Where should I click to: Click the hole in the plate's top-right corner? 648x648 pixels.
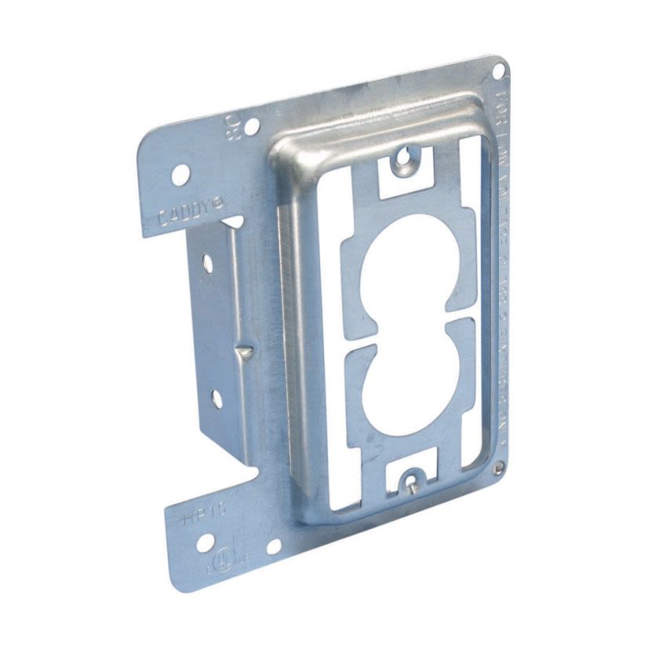[x=497, y=71]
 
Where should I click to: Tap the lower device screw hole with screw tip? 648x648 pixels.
[x=410, y=478]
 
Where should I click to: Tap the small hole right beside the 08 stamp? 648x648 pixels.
[x=252, y=126]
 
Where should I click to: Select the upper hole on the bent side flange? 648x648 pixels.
[x=209, y=263]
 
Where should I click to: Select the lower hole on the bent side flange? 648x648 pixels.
[x=216, y=399]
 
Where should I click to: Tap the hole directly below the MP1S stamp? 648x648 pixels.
[x=205, y=543]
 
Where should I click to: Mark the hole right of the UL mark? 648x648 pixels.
[x=274, y=546]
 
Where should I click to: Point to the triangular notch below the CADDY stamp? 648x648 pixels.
[x=234, y=224]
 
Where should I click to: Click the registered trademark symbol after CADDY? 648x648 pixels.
[x=218, y=202]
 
